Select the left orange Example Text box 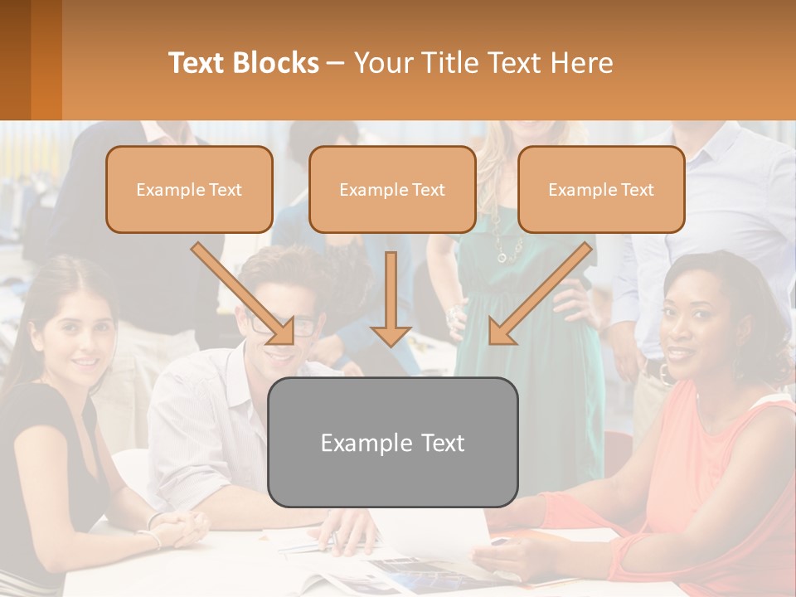pos(189,190)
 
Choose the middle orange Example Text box pos(392,190)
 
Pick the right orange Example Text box pos(601,190)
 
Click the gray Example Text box pos(392,442)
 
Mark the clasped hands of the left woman pos(182,527)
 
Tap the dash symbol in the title pos(336,63)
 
